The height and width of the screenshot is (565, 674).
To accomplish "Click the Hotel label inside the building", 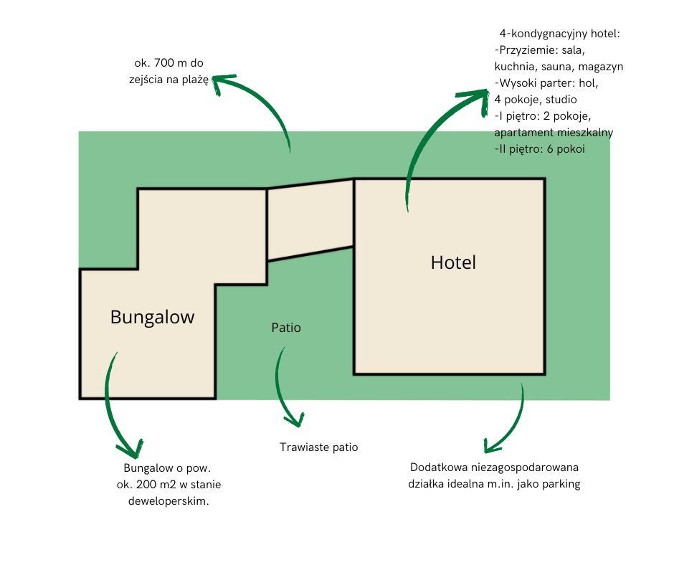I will pyautogui.click(x=453, y=262).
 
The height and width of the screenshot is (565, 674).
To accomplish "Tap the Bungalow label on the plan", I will pyautogui.click(x=152, y=317).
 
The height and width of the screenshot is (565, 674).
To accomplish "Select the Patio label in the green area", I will pyautogui.click(x=286, y=328).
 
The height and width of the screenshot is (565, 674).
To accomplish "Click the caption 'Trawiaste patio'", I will pyautogui.click(x=318, y=447).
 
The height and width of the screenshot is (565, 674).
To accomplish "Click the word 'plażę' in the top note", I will pyautogui.click(x=194, y=80).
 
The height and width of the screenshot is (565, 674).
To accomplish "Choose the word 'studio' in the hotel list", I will pyautogui.click(x=560, y=100).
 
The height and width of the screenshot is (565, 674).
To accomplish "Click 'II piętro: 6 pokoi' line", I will pyautogui.click(x=540, y=149).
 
